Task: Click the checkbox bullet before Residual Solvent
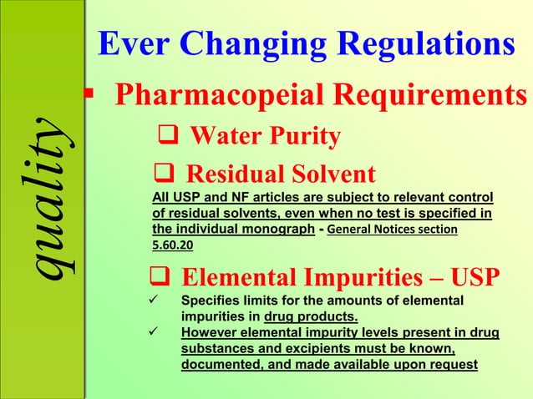pyautogui.click(x=163, y=174)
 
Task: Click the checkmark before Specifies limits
pyautogui.click(x=152, y=301)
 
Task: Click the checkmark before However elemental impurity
pyautogui.click(x=152, y=333)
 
